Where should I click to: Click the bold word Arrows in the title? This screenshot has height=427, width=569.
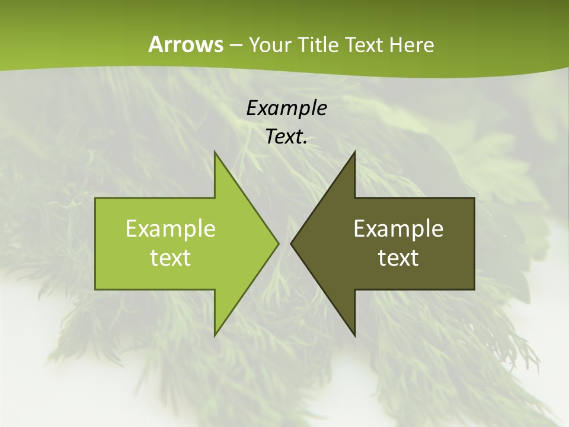pyautogui.click(x=185, y=44)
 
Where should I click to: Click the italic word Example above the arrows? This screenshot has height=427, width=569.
pyautogui.click(x=286, y=108)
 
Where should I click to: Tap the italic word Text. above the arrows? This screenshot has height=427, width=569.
pyautogui.click(x=286, y=137)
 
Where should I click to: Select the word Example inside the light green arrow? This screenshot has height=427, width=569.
pyautogui.click(x=171, y=228)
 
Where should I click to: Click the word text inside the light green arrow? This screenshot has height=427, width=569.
pyautogui.click(x=171, y=258)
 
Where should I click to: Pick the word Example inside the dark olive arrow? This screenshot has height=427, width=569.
pyautogui.click(x=398, y=228)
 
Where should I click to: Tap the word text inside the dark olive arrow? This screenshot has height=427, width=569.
pyautogui.click(x=398, y=258)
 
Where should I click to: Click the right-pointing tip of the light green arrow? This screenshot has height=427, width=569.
pyautogui.click(x=279, y=243)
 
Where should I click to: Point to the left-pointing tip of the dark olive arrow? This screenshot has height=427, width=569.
pyautogui.click(x=291, y=243)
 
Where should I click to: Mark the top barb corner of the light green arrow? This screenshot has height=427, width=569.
pyautogui.click(x=215, y=152)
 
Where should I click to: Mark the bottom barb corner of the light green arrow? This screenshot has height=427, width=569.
pyautogui.click(x=215, y=336)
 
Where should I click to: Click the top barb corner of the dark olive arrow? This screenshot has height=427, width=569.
pyautogui.click(x=354, y=152)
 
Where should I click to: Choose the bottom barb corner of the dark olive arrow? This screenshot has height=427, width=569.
pyautogui.click(x=354, y=336)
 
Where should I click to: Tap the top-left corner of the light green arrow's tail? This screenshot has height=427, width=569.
pyautogui.click(x=96, y=199)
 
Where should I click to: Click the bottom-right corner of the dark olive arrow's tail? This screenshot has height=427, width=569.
pyautogui.click(x=474, y=289)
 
